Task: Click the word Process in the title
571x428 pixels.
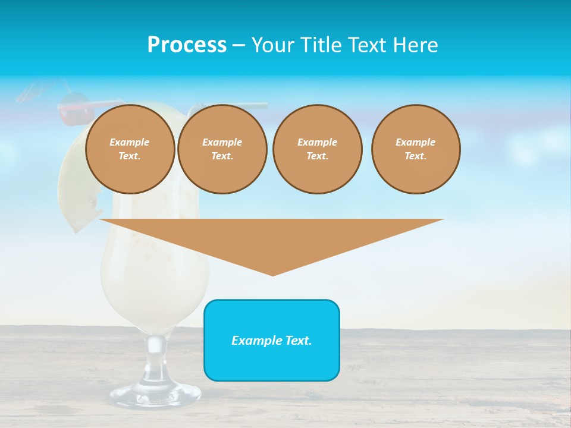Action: [x=187, y=45]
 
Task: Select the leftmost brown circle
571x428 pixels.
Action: [x=130, y=149]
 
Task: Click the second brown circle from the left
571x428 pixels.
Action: [x=222, y=149]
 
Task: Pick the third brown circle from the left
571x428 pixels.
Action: [x=317, y=149]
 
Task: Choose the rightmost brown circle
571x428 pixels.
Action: [x=416, y=149]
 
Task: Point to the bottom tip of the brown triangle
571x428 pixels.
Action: [x=272, y=274]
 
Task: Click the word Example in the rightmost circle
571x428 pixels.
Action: [x=415, y=142]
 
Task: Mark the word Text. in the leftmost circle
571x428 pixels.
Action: [x=130, y=156]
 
